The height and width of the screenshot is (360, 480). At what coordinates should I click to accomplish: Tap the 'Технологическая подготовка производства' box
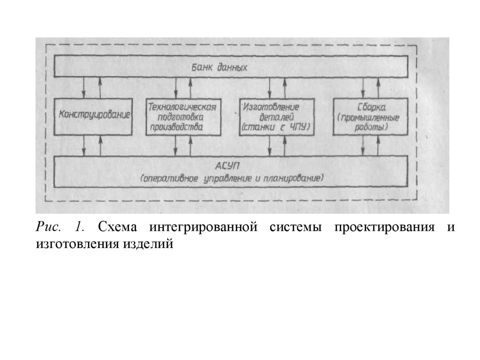[x=182, y=116]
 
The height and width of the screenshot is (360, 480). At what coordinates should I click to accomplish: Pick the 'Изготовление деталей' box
[x=276, y=116]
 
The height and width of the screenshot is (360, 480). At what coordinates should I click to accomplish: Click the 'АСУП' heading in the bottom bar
[x=232, y=167]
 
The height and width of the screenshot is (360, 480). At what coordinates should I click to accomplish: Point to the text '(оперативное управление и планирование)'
[x=232, y=179]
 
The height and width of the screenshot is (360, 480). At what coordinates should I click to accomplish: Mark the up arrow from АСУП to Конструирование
[x=100, y=146]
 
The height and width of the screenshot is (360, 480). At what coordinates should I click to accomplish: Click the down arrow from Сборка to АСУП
[x=363, y=146]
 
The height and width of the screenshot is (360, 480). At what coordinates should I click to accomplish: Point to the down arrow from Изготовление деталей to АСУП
[x=269, y=146]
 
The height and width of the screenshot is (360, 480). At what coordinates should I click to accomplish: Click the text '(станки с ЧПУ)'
[x=276, y=127]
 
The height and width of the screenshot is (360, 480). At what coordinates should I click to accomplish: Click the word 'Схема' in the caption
[x=117, y=227]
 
